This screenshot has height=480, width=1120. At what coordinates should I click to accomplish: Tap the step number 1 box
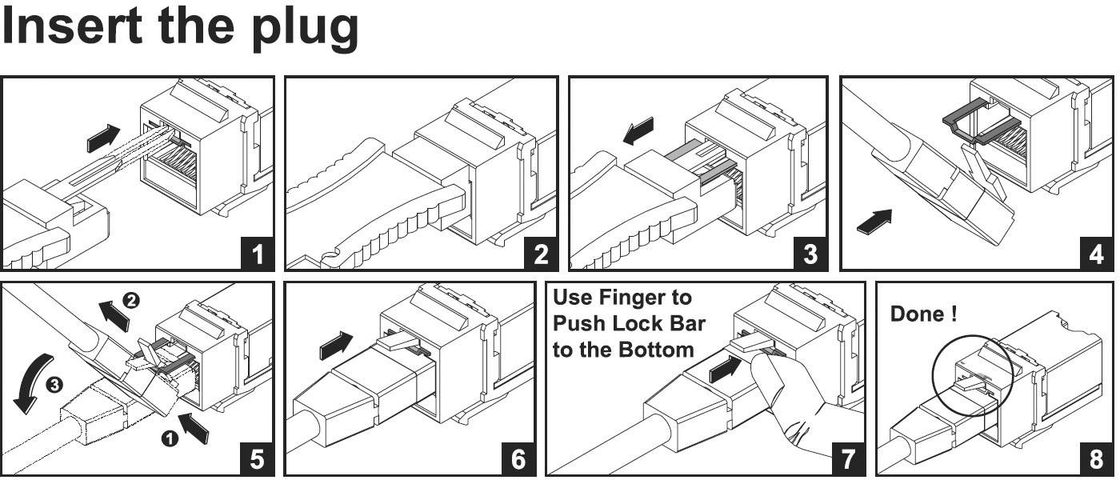(257, 254)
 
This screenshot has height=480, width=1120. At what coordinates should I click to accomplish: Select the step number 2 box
(541, 254)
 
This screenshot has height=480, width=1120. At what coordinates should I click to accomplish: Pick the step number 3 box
(810, 254)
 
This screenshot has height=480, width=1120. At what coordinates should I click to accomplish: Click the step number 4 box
(1096, 254)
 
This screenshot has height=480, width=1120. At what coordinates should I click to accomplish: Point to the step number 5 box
(257, 458)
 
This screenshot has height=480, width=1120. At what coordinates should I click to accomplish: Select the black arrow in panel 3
(638, 131)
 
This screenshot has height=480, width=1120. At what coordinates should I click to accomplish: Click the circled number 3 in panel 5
(54, 386)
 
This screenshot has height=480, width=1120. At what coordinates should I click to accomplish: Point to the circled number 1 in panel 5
(170, 438)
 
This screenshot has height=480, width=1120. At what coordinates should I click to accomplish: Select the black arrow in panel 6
(335, 346)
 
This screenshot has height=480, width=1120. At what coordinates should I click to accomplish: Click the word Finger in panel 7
(655, 298)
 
